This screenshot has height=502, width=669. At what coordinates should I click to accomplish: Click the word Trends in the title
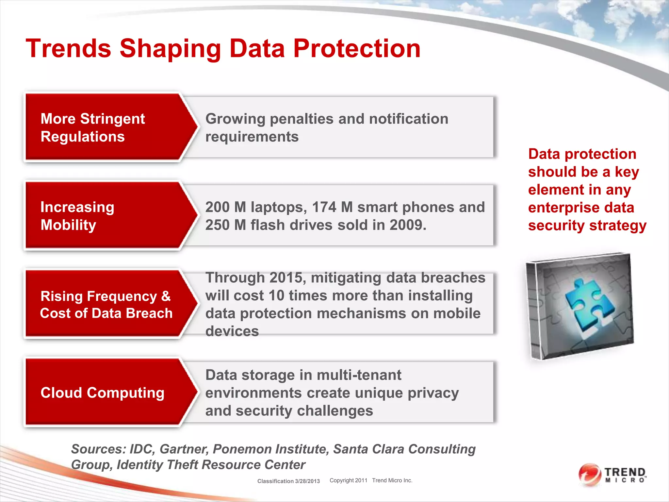coord(69,49)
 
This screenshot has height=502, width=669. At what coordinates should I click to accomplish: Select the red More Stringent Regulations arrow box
coord(105,127)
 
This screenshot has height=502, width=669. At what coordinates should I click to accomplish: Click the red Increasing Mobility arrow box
coord(105,216)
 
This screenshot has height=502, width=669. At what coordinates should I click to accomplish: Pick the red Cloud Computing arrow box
coord(105,393)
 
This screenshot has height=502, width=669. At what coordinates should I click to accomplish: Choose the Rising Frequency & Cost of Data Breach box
coord(105,304)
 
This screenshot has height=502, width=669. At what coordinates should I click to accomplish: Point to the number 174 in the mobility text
coord(324,207)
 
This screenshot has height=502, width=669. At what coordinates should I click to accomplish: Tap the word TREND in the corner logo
coord(625,472)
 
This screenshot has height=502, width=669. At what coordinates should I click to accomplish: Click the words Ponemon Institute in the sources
coord(271,449)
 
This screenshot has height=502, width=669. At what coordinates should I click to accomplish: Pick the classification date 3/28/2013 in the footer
coord(307,481)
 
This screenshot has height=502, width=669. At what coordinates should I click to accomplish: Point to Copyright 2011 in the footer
coord(348,480)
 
